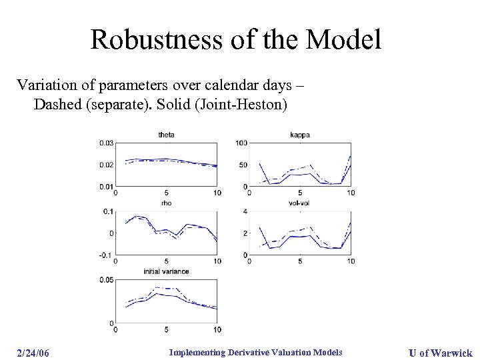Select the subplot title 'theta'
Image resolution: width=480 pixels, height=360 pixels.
166,135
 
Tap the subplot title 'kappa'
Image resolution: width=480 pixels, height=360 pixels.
299,135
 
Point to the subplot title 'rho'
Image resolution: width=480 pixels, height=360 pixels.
166,203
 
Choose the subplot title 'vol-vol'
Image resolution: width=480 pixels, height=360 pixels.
299,203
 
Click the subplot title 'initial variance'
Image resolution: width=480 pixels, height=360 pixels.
166,271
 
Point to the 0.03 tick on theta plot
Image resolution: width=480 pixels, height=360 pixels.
106,143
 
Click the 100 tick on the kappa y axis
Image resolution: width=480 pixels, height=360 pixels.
242,143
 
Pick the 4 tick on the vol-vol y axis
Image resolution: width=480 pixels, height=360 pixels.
245,211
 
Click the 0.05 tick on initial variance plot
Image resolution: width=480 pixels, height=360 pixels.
106,280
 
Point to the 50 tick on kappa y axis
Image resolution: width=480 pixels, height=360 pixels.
244,165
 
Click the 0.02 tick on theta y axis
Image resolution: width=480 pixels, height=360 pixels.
106,165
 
